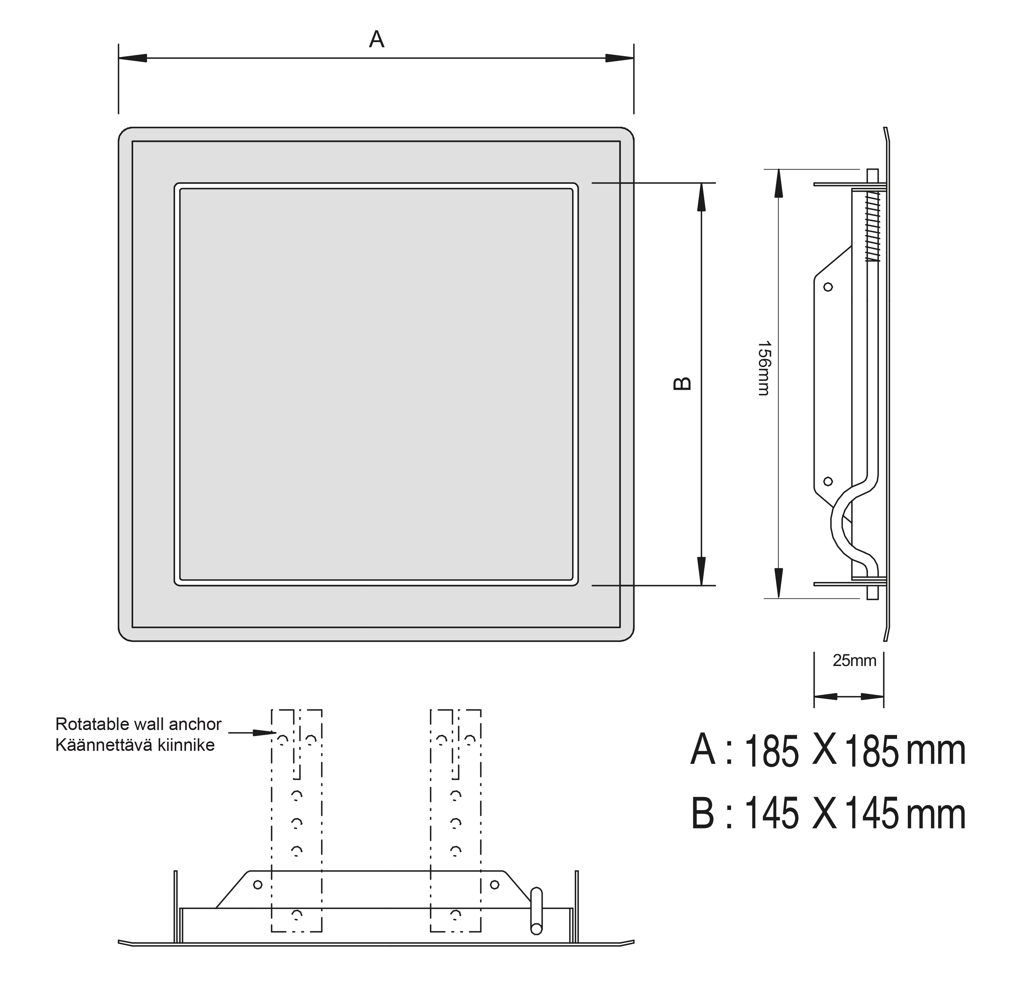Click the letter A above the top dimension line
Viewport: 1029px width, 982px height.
point(376,39)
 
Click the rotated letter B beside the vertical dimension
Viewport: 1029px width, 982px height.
point(682,384)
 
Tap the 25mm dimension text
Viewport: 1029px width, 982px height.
point(854,661)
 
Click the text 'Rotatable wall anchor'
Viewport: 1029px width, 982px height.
point(138,724)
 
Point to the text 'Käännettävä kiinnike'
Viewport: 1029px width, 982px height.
point(135,745)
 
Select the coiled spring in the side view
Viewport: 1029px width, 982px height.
point(872,225)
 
